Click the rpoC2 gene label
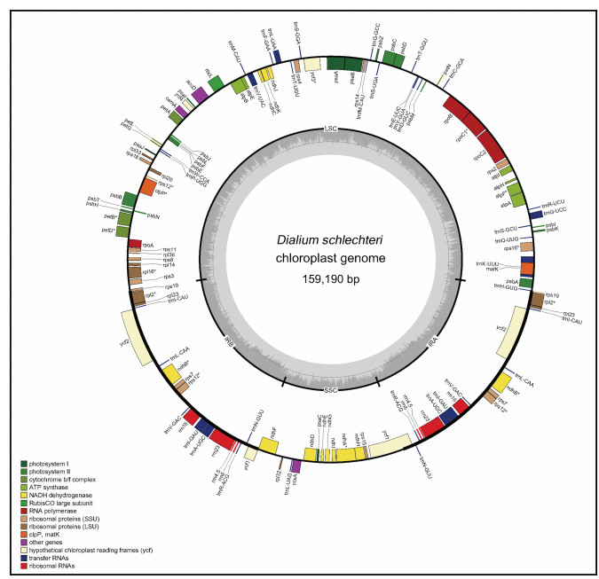coord(479,156)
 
